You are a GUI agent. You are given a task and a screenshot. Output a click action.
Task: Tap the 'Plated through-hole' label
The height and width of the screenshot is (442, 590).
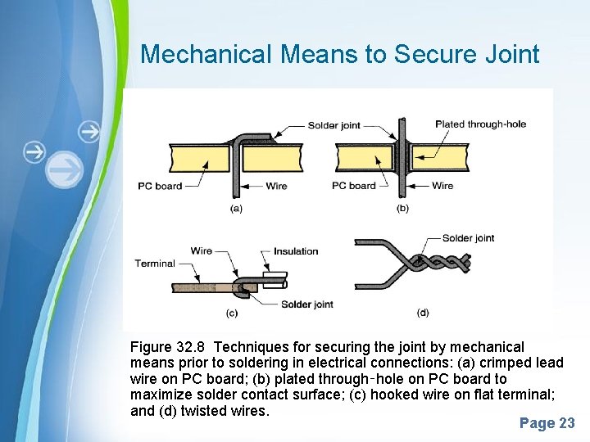(x=480, y=124)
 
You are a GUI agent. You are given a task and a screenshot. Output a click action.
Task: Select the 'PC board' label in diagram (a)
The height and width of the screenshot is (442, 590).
(x=160, y=186)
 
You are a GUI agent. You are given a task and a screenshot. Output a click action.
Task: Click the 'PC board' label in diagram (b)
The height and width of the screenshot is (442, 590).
(x=354, y=186)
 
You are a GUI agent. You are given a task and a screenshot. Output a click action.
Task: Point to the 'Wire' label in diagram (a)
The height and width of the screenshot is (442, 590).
(x=276, y=186)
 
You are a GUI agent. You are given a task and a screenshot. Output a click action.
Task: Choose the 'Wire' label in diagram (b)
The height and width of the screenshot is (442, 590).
(x=442, y=186)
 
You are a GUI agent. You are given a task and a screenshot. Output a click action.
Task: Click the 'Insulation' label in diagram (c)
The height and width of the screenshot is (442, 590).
(x=296, y=251)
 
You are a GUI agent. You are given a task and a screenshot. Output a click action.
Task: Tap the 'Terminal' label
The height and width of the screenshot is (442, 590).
(x=155, y=264)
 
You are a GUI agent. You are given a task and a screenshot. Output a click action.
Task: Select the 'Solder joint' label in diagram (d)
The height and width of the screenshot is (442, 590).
(x=468, y=238)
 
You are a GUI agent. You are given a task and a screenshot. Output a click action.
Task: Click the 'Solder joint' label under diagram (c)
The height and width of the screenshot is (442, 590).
(x=306, y=304)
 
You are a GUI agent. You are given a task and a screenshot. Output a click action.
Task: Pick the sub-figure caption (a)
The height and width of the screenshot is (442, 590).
(x=236, y=209)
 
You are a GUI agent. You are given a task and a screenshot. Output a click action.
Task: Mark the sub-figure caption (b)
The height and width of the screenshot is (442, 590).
(x=402, y=209)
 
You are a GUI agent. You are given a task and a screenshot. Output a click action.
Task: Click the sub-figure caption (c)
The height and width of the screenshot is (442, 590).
(x=232, y=313)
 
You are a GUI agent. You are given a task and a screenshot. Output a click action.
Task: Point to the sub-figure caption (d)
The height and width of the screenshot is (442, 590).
(x=423, y=313)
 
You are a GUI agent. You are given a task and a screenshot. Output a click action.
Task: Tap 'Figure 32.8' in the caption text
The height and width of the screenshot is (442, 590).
(x=169, y=348)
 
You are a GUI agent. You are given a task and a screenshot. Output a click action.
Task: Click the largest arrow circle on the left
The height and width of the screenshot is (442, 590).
(x=65, y=169)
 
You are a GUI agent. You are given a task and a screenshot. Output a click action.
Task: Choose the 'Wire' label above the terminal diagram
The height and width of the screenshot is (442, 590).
(x=201, y=251)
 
